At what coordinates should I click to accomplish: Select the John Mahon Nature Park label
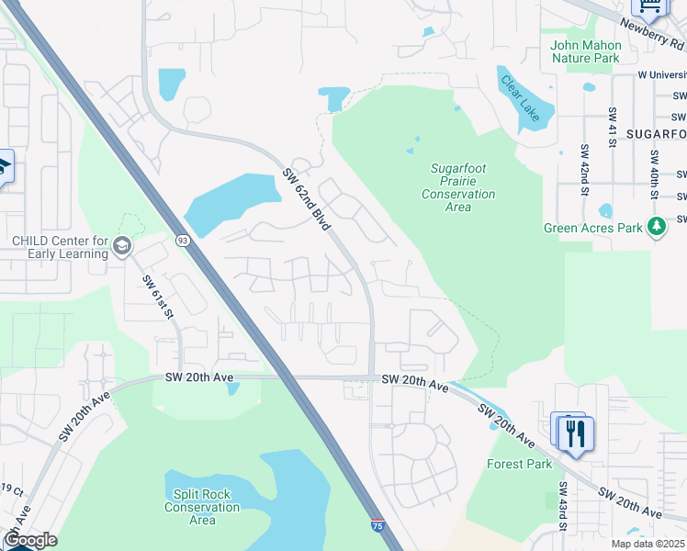(586, 51)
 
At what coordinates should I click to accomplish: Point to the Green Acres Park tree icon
(656, 226)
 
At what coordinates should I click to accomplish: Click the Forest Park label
(520, 464)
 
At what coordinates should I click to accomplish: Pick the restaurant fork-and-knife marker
(576, 433)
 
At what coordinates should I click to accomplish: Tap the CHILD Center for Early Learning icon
(122, 246)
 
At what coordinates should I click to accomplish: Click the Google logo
(30, 540)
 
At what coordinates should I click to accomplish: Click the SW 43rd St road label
(562, 505)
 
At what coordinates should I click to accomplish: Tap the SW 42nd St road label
(583, 170)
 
